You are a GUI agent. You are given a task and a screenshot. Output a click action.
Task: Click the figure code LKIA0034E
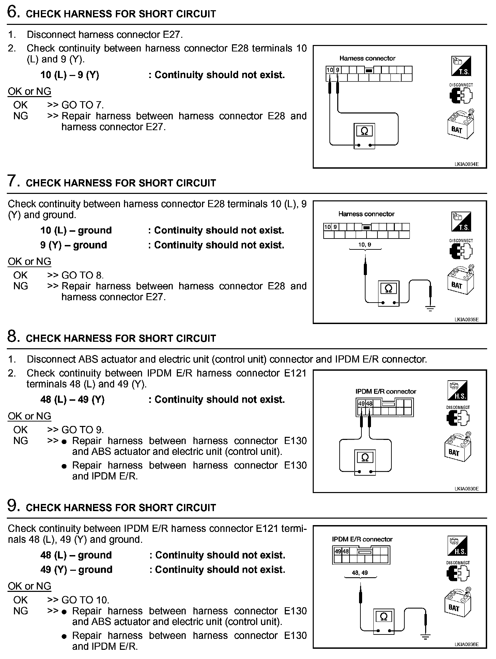coord(466,164)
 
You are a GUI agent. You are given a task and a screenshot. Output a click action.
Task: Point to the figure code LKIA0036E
coord(466,644)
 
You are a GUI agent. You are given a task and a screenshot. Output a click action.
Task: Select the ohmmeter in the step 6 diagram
coord(364,136)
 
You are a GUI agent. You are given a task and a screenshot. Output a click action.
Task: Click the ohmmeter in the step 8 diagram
coord(365,462)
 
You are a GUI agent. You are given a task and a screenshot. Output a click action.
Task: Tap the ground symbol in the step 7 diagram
coord(431,309)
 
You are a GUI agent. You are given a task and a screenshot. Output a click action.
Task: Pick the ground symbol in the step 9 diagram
coord(426,636)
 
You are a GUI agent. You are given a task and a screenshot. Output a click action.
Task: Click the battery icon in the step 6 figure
coord(460,124)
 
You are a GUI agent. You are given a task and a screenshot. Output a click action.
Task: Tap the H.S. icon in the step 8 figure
coord(457,390)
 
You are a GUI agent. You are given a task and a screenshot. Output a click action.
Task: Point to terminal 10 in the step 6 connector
coord(330,70)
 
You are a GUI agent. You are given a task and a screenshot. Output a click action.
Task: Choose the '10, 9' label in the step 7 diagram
coord(365,245)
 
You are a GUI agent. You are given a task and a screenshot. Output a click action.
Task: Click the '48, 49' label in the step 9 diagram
coord(360,573)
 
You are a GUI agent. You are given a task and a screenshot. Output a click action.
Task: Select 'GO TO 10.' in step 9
coord(85,600)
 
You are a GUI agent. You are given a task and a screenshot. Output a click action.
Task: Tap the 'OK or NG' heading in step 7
coord(29,261)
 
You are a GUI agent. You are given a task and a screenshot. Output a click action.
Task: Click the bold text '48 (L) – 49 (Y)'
coord(72,399)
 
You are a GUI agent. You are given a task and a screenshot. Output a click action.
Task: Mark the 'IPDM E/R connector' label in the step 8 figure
coord(386,392)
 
